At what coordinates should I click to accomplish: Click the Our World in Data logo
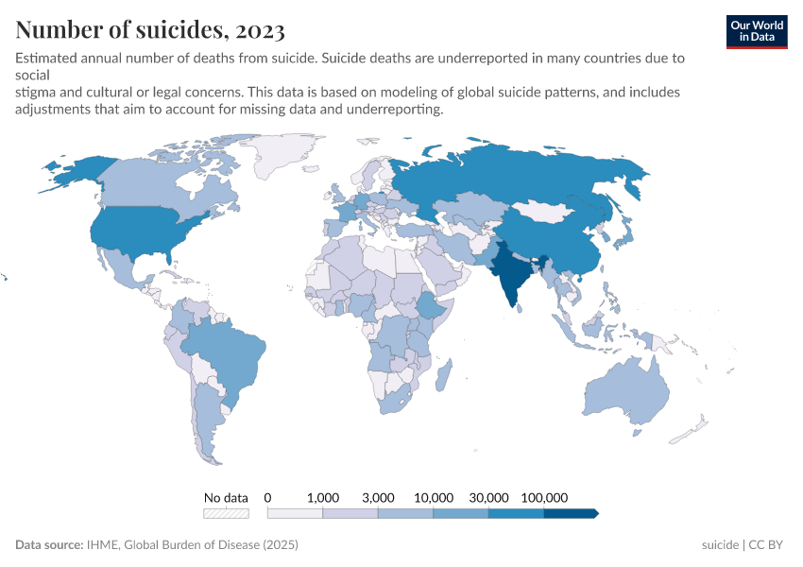756,30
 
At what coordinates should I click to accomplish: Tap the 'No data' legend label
226,497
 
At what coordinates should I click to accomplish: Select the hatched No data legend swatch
226,513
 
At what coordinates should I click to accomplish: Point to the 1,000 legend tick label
323,497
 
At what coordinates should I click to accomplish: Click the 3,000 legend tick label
378,497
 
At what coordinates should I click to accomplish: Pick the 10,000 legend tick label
434,497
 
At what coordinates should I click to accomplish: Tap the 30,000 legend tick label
488,497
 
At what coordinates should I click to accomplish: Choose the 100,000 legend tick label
544,497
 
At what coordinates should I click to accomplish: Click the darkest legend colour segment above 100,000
570,513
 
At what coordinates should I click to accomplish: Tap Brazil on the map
227,350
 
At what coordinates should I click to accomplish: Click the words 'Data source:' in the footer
49,545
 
